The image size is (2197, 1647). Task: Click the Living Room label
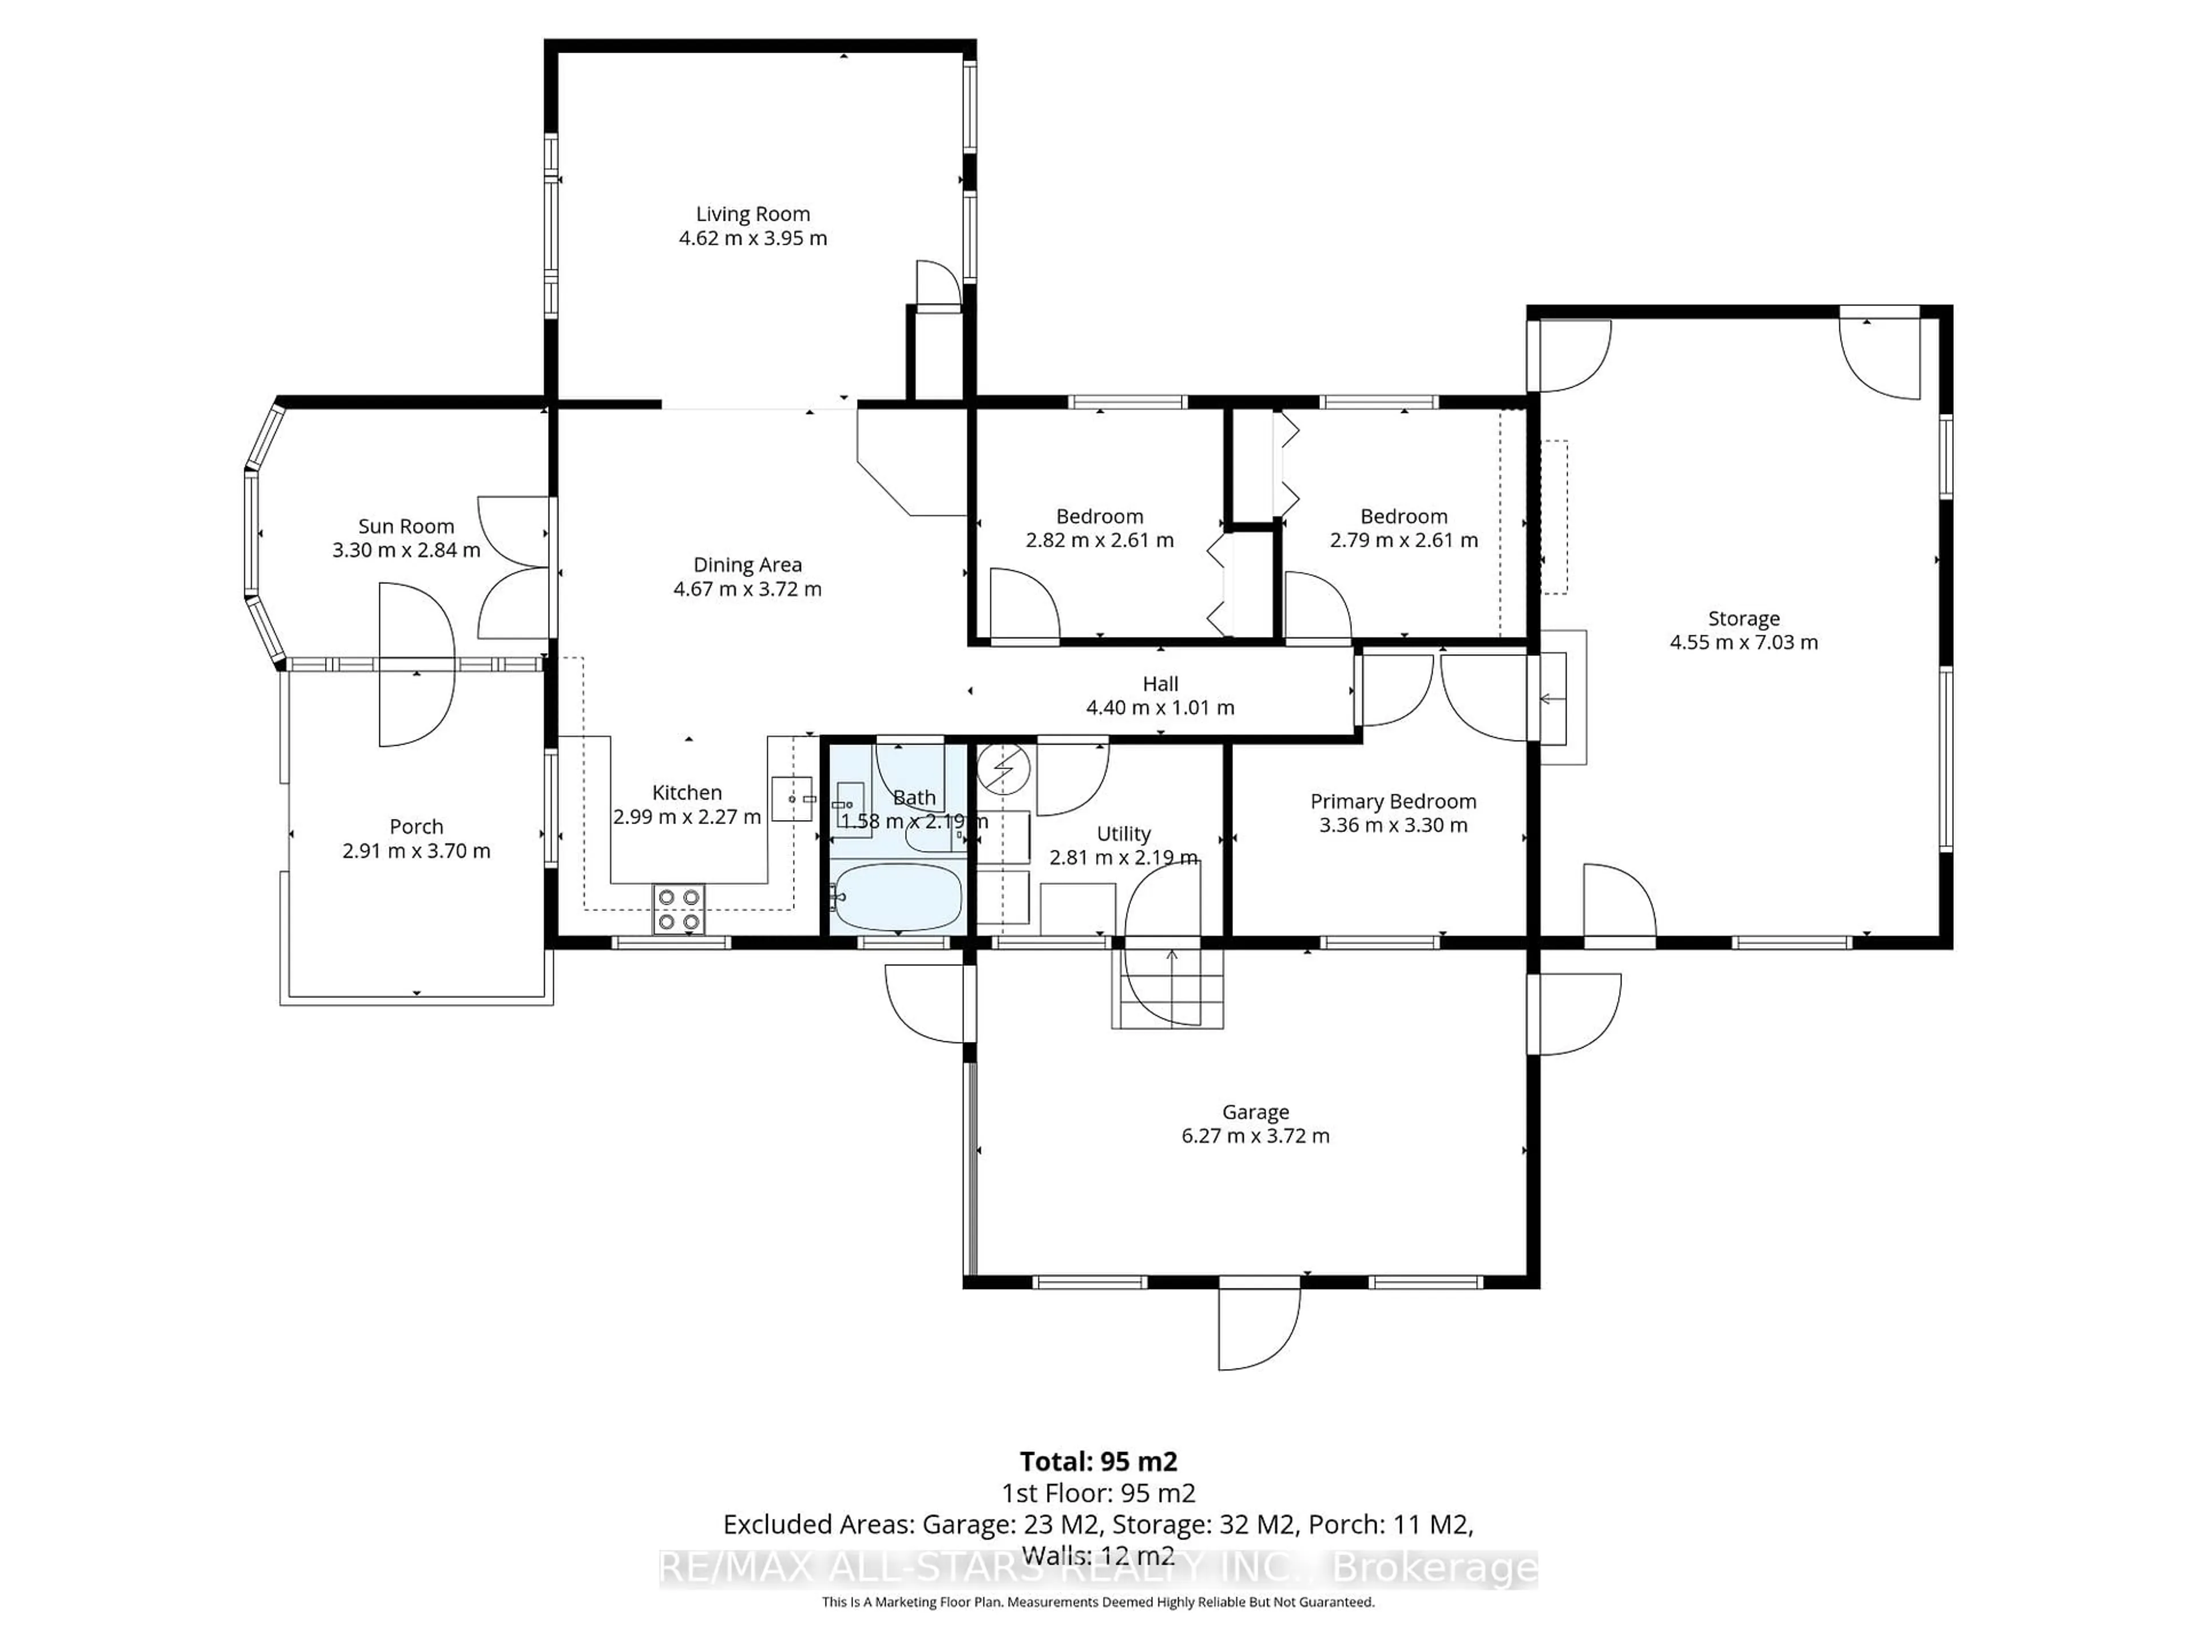752,213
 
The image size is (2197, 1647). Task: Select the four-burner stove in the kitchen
679,908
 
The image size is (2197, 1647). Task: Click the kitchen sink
792,798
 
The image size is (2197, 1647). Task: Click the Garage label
1255,1112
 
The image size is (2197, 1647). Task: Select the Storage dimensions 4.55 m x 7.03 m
1743,642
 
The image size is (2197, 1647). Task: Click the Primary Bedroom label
1393,801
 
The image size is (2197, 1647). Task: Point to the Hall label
1160,684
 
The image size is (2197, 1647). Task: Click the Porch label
416,826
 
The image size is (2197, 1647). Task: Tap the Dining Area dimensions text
747,588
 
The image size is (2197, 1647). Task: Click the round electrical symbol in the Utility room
1003,769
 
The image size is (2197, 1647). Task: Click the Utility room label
1123,833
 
